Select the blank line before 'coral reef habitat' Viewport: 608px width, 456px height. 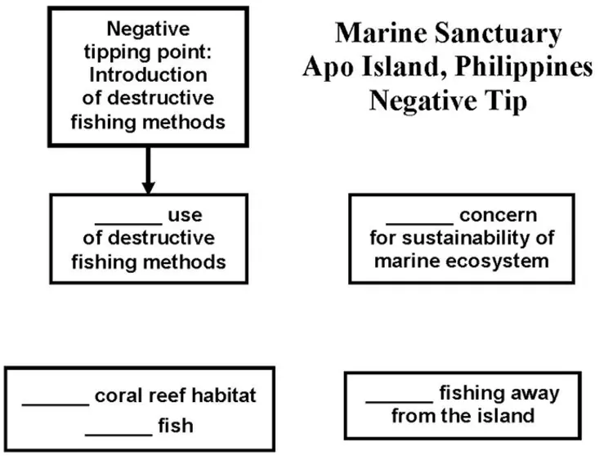(55, 403)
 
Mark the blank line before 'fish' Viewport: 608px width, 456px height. (118, 433)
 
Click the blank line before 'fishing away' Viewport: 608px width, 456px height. (399, 401)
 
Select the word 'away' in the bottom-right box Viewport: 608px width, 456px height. (534, 394)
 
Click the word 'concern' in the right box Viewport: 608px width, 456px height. (498, 217)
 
